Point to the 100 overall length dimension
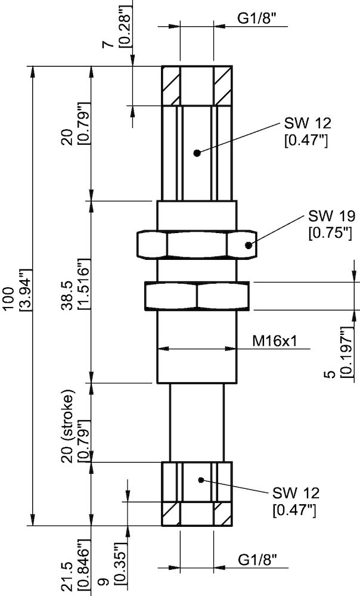pyautogui.click(x=8, y=297)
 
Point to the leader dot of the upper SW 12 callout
pyautogui.click(x=196, y=153)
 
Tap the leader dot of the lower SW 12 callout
pyautogui.click(x=201, y=479)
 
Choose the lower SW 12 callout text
pyautogui.click(x=296, y=493)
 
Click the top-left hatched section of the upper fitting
pyautogui.click(x=170, y=86)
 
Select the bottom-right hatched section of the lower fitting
pyautogui.click(x=222, y=513)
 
